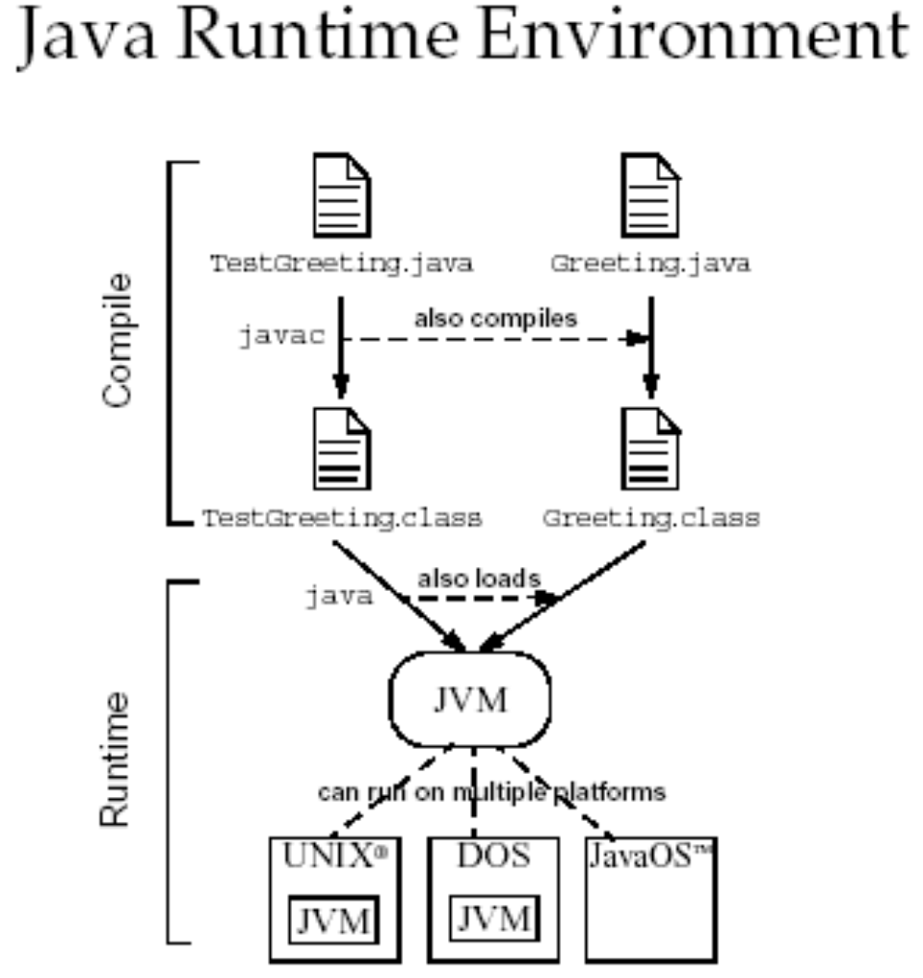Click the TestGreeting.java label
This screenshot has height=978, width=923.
click(341, 263)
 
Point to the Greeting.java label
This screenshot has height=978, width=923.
click(650, 263)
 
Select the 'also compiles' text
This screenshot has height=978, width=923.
click(496, 319)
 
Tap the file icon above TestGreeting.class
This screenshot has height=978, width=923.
click(341, 449)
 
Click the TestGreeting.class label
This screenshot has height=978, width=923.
click(341, 518)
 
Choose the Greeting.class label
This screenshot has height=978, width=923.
click(651, 518)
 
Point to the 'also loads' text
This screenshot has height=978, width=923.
click(479, 579)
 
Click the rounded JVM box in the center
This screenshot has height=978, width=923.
click(469, 700)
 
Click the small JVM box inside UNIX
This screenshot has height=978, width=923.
click(333, 921)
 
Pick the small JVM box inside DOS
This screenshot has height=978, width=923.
click(493, 917)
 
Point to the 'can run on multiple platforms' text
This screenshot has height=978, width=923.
click(491, 792)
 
